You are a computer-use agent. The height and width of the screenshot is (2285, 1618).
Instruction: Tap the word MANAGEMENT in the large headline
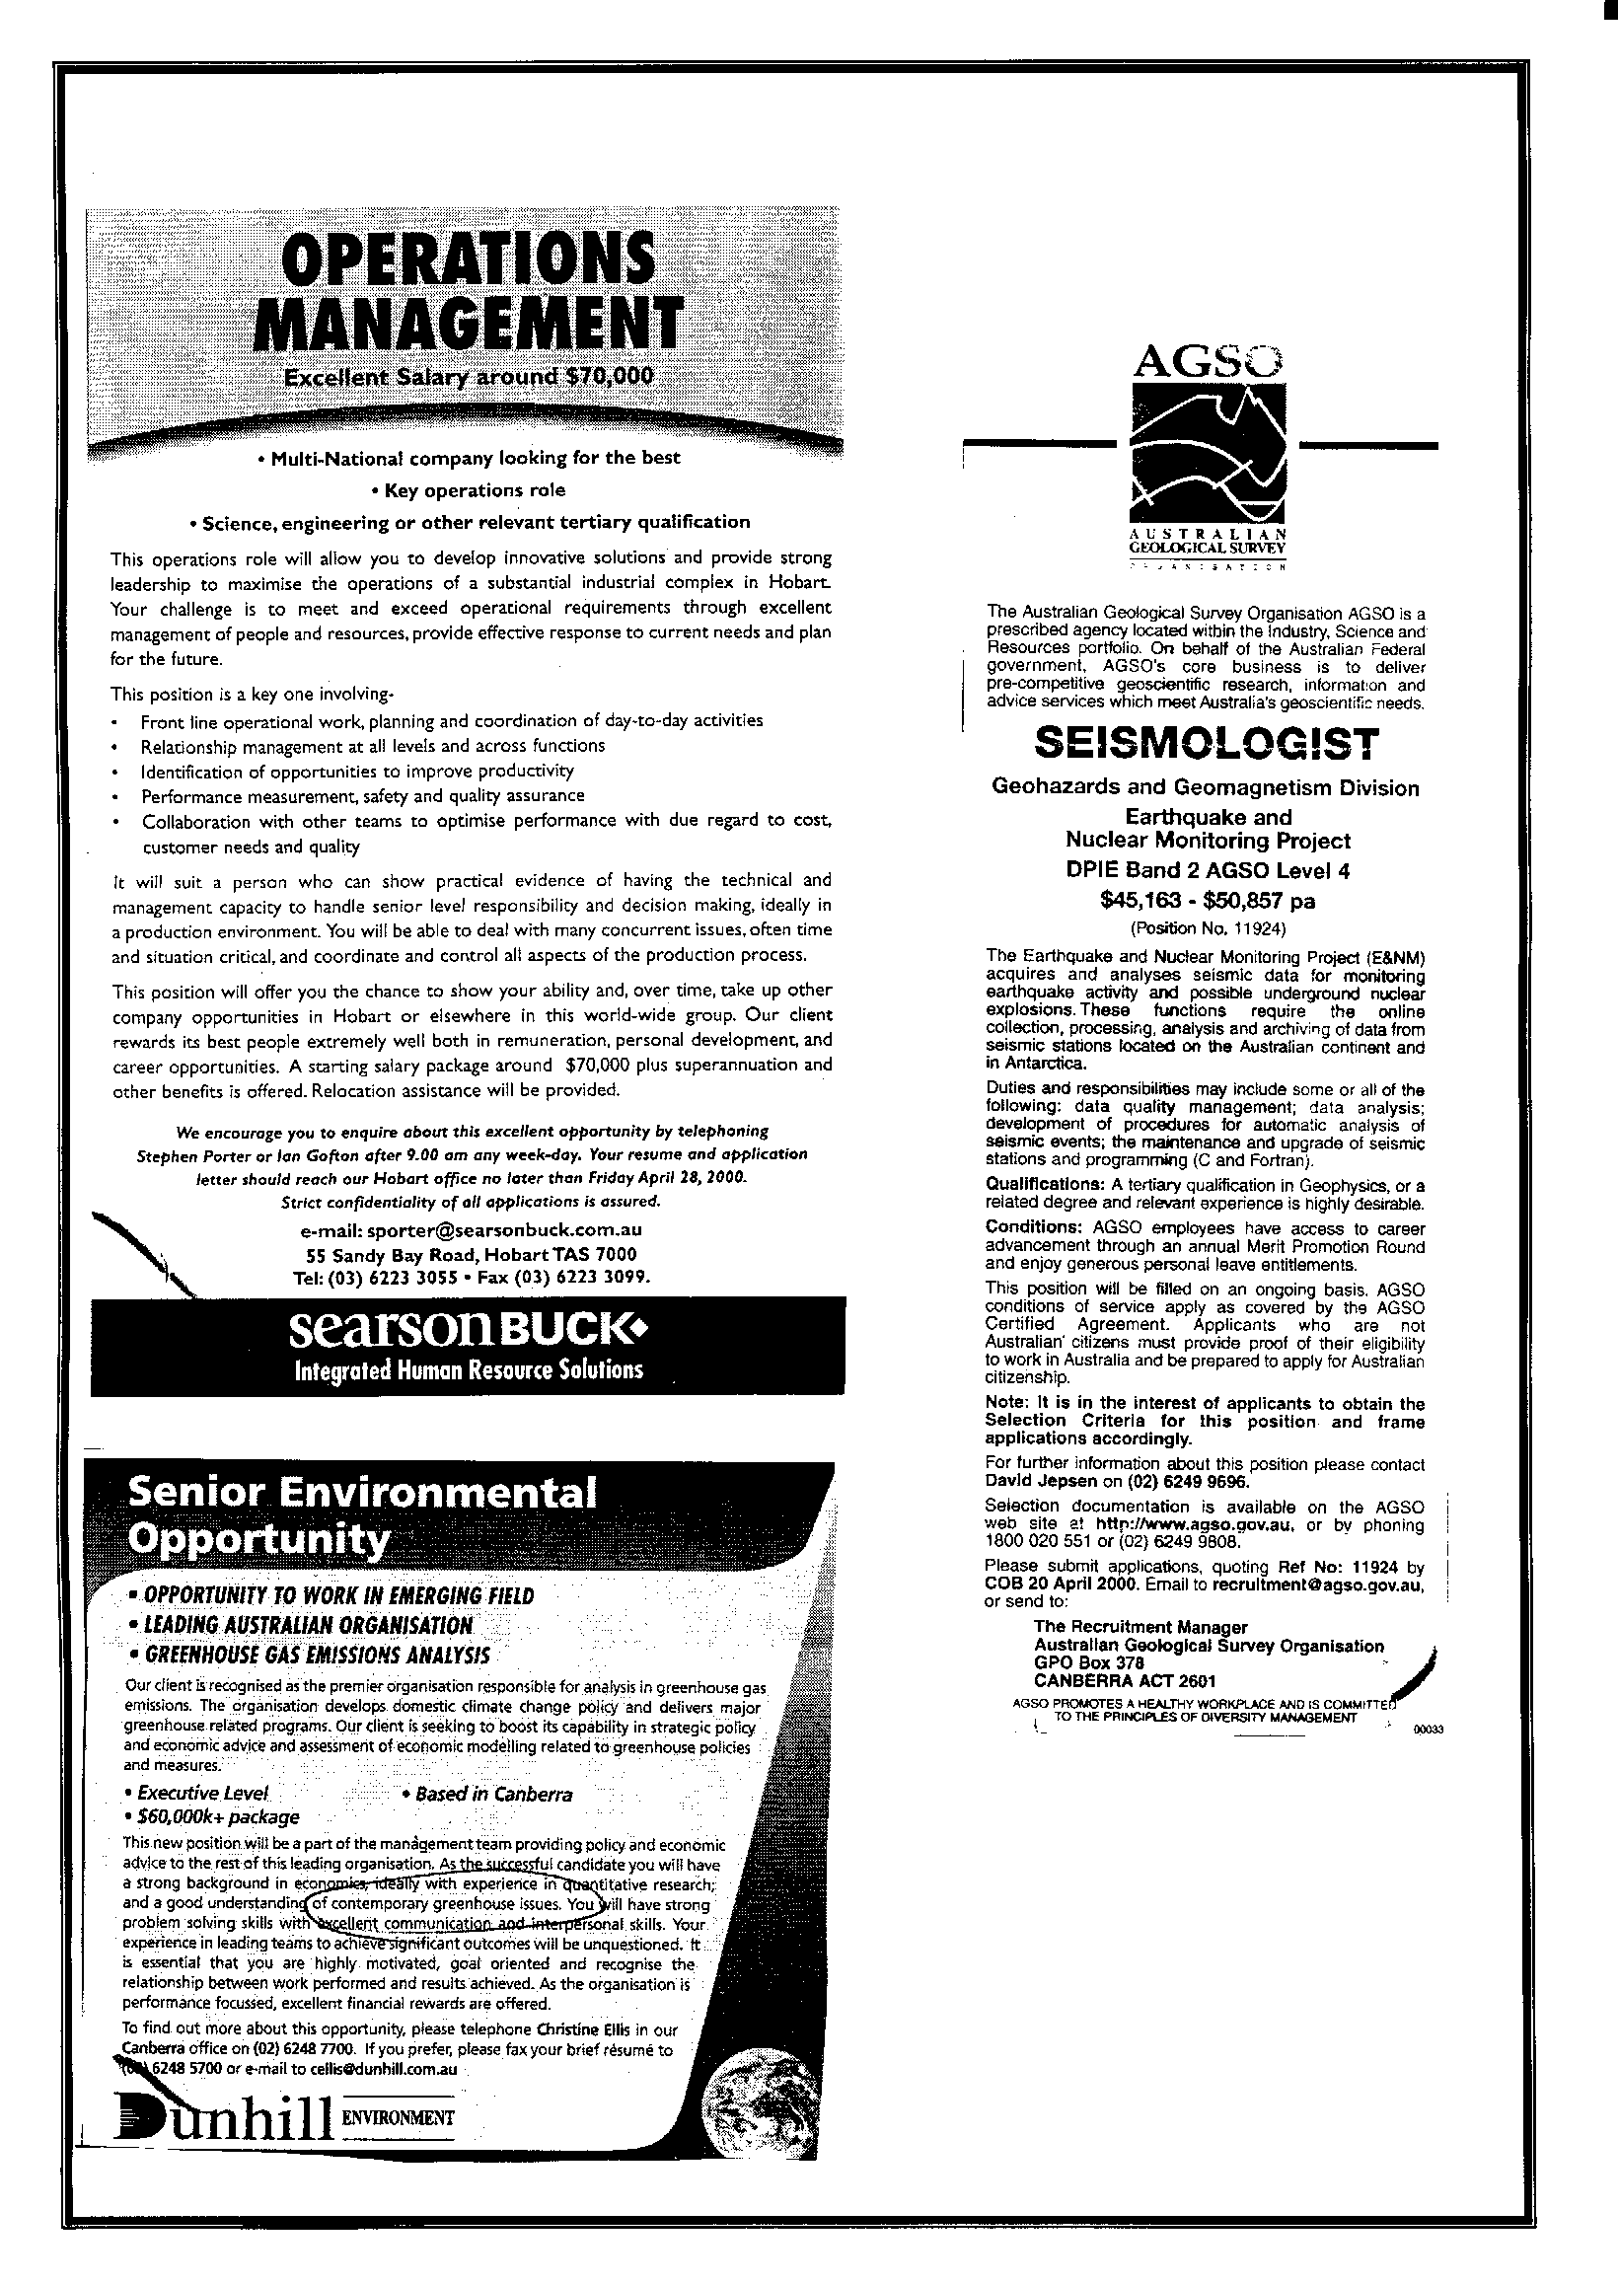(x=469, y=326)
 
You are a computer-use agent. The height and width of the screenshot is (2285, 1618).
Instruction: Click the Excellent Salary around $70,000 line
(x=469, y=378)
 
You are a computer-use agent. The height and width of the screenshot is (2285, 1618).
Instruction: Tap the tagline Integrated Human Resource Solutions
(x=469, y=1370)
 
